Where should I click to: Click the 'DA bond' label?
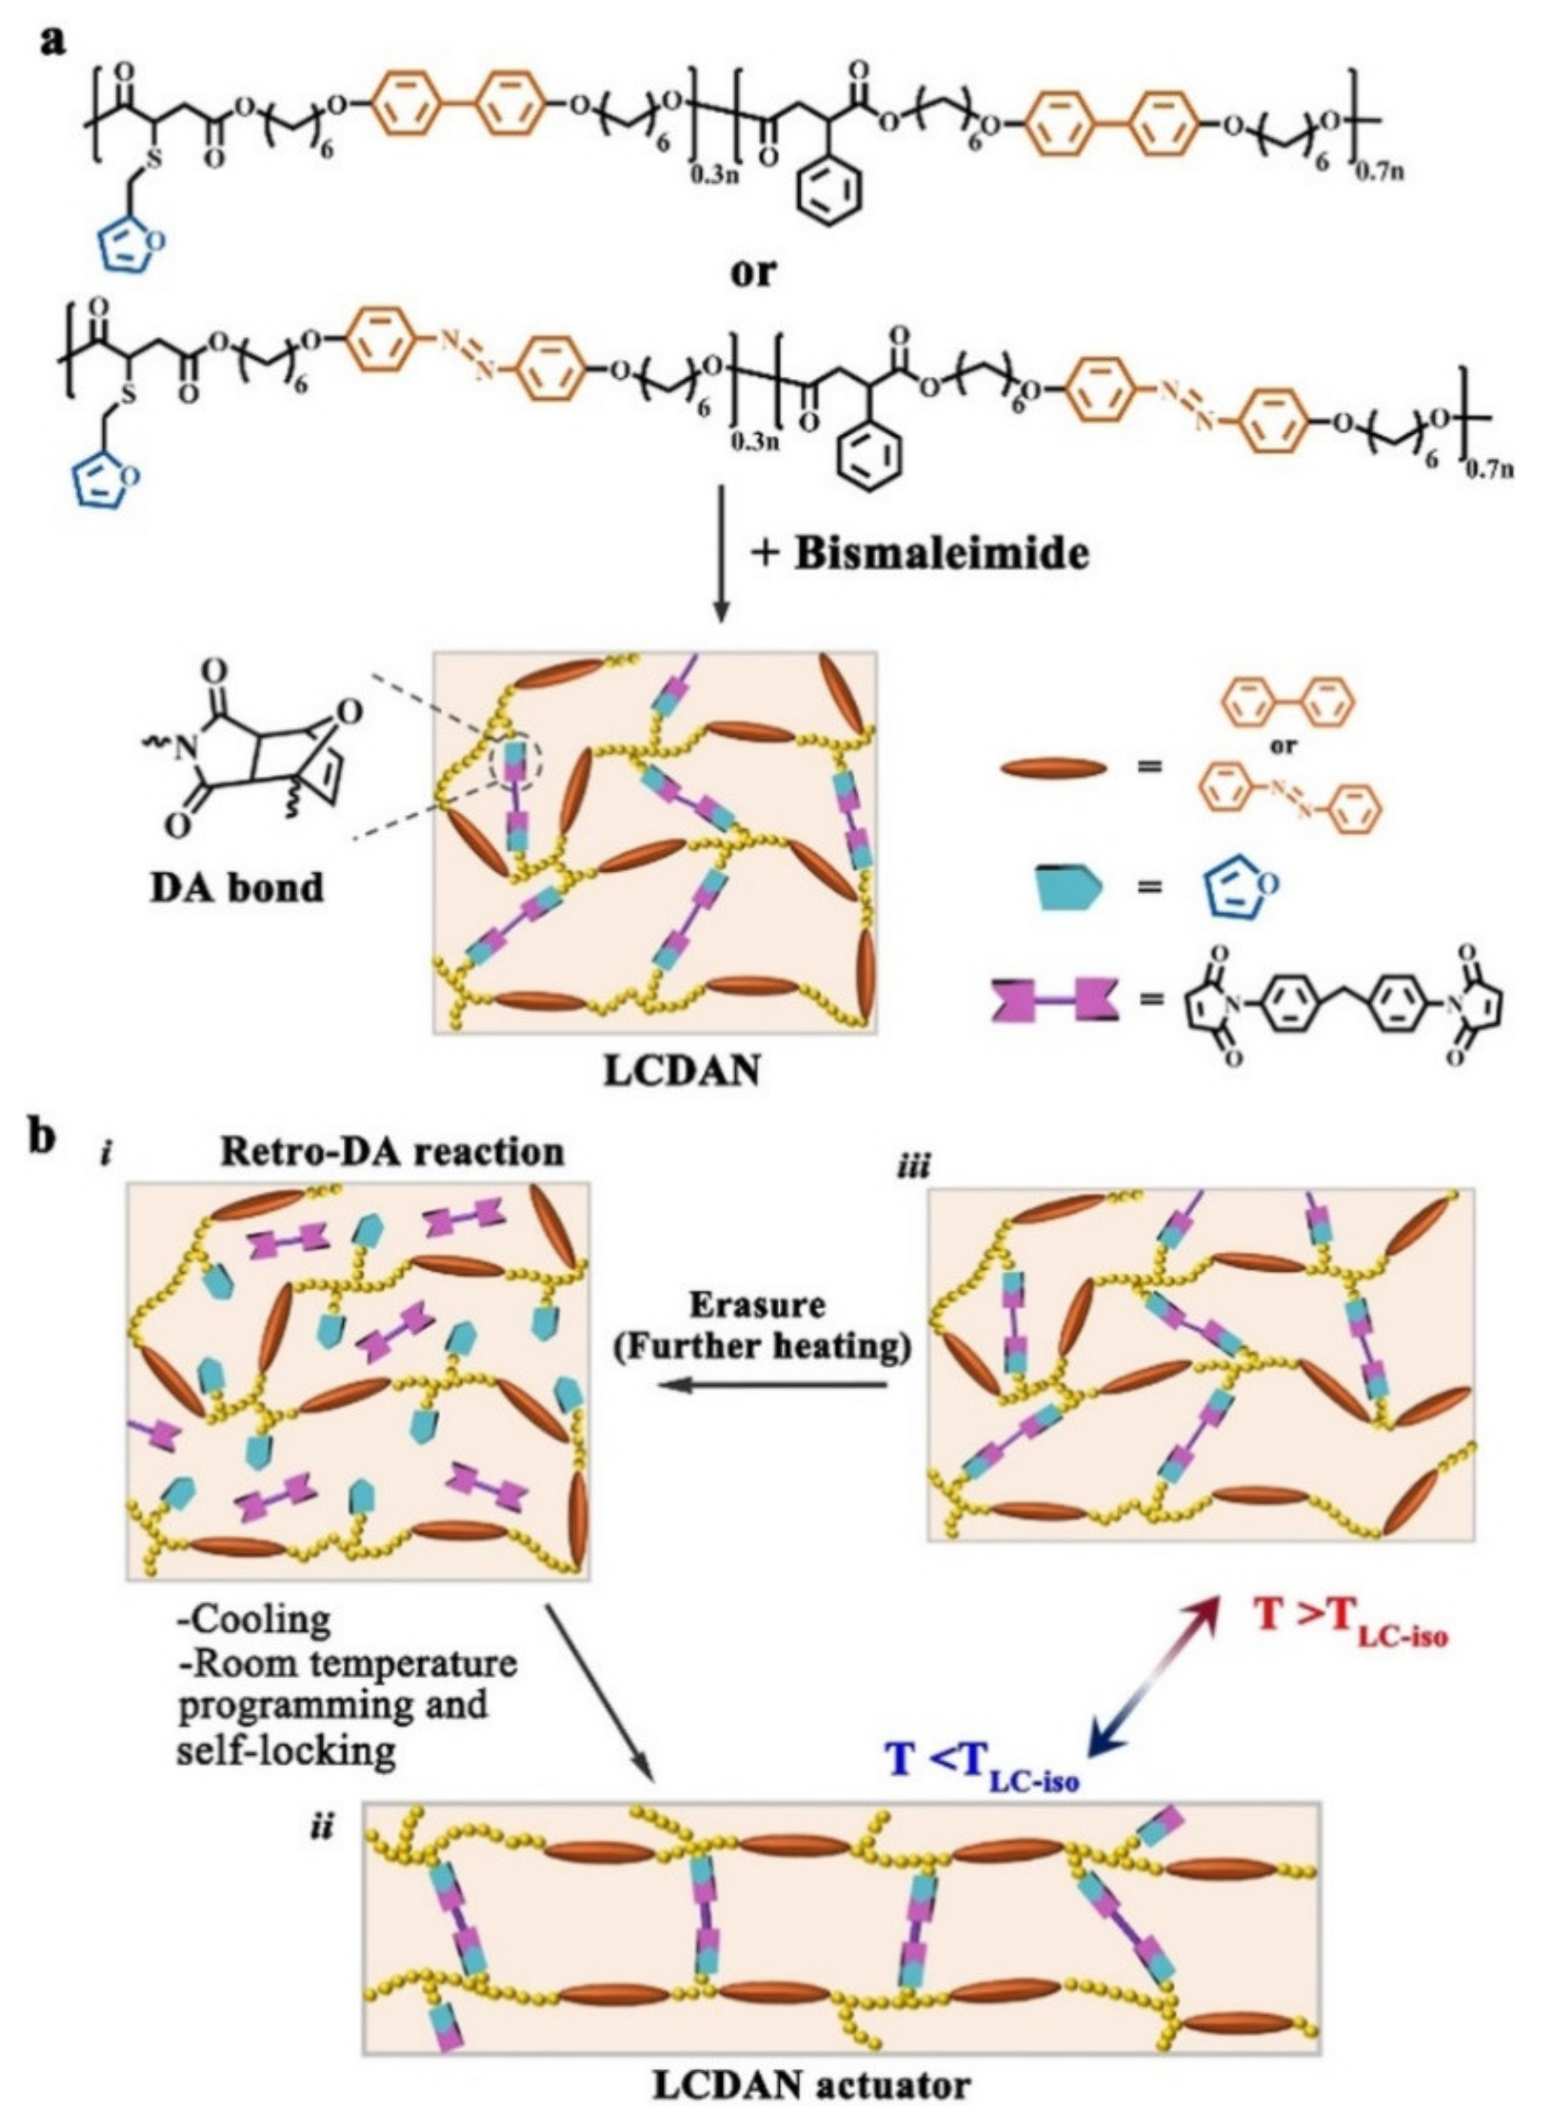[x=237, y=886]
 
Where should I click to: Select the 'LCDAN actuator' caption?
[x=811, y=2086]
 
